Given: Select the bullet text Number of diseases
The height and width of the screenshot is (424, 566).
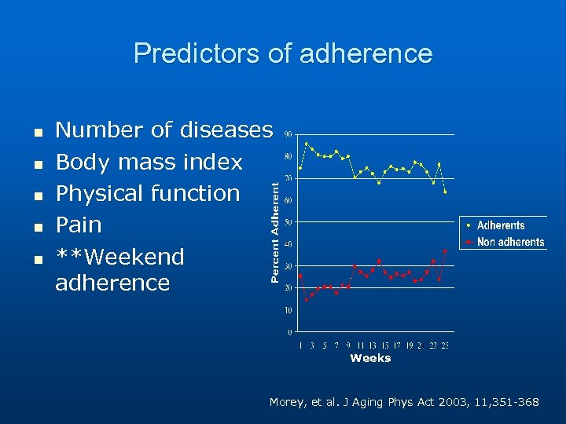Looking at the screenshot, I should (x=164, y=130).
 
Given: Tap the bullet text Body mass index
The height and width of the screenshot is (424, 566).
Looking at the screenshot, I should (x=149, y=162).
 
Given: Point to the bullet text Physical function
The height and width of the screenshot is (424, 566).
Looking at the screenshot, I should (x=148, y=193).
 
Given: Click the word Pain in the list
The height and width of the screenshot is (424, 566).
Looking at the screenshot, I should (x=79, y=225).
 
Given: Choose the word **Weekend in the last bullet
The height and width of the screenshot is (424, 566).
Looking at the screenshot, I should (x=119, y=257).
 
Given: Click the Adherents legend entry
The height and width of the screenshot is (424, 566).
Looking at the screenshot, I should (x=500, y=226).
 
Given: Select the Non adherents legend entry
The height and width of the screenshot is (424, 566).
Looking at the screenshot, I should (x=509, y=242).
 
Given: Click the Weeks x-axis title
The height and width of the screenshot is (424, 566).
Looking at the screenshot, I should (x=370, y=358).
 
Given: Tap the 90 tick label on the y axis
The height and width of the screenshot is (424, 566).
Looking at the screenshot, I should (x=289, y=134).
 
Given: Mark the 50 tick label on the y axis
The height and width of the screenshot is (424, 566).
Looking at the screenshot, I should (x=289, y=222).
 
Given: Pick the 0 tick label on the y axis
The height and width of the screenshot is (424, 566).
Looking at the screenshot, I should (x=290, y=332).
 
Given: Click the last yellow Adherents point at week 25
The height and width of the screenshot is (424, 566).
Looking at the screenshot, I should (x=445, y=192).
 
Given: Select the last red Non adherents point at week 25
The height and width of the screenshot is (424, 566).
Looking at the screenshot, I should (x=445, y=251).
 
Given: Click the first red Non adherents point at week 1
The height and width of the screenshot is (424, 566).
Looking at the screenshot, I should (x=300, y=276).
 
